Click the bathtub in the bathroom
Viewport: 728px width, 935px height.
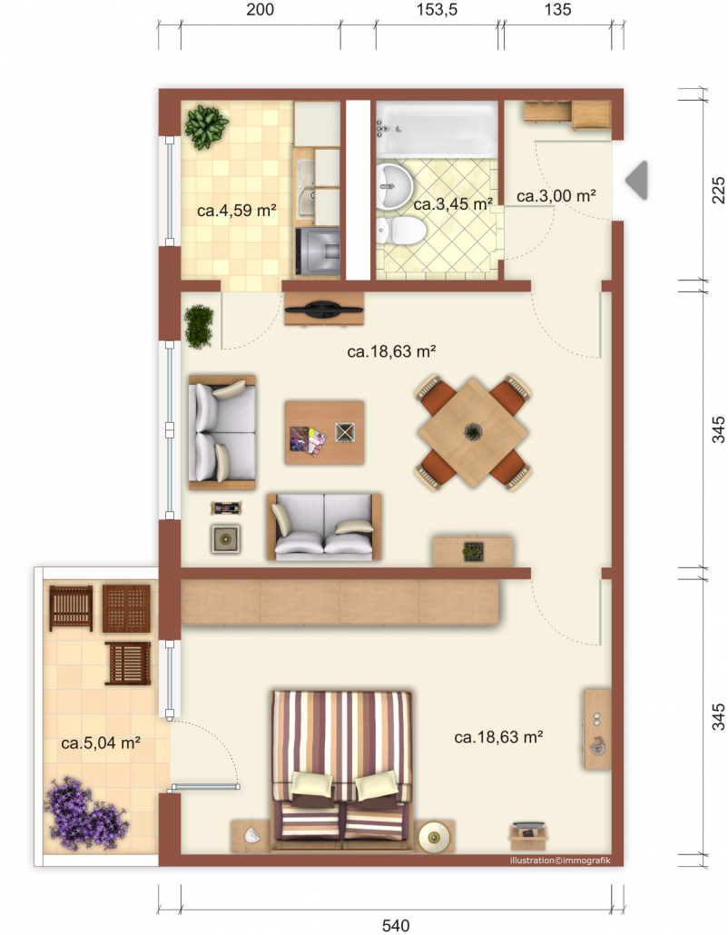437,129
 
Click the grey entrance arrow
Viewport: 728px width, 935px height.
637,180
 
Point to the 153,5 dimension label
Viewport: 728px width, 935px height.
437,10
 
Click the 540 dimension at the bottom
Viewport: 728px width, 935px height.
395,925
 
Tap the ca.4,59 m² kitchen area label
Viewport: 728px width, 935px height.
237,211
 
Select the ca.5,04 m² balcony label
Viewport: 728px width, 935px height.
101,743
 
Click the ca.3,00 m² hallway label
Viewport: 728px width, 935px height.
556,195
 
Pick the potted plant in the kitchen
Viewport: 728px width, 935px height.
206,126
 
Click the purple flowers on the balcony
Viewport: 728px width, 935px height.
86,813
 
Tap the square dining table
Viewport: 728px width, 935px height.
473,432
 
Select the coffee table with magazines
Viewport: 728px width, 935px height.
324,432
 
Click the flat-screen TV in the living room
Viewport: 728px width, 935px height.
324,310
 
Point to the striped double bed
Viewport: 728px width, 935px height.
342,770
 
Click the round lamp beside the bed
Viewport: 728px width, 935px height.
434,836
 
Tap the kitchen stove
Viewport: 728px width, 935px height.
318,251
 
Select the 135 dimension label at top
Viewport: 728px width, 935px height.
557,10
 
